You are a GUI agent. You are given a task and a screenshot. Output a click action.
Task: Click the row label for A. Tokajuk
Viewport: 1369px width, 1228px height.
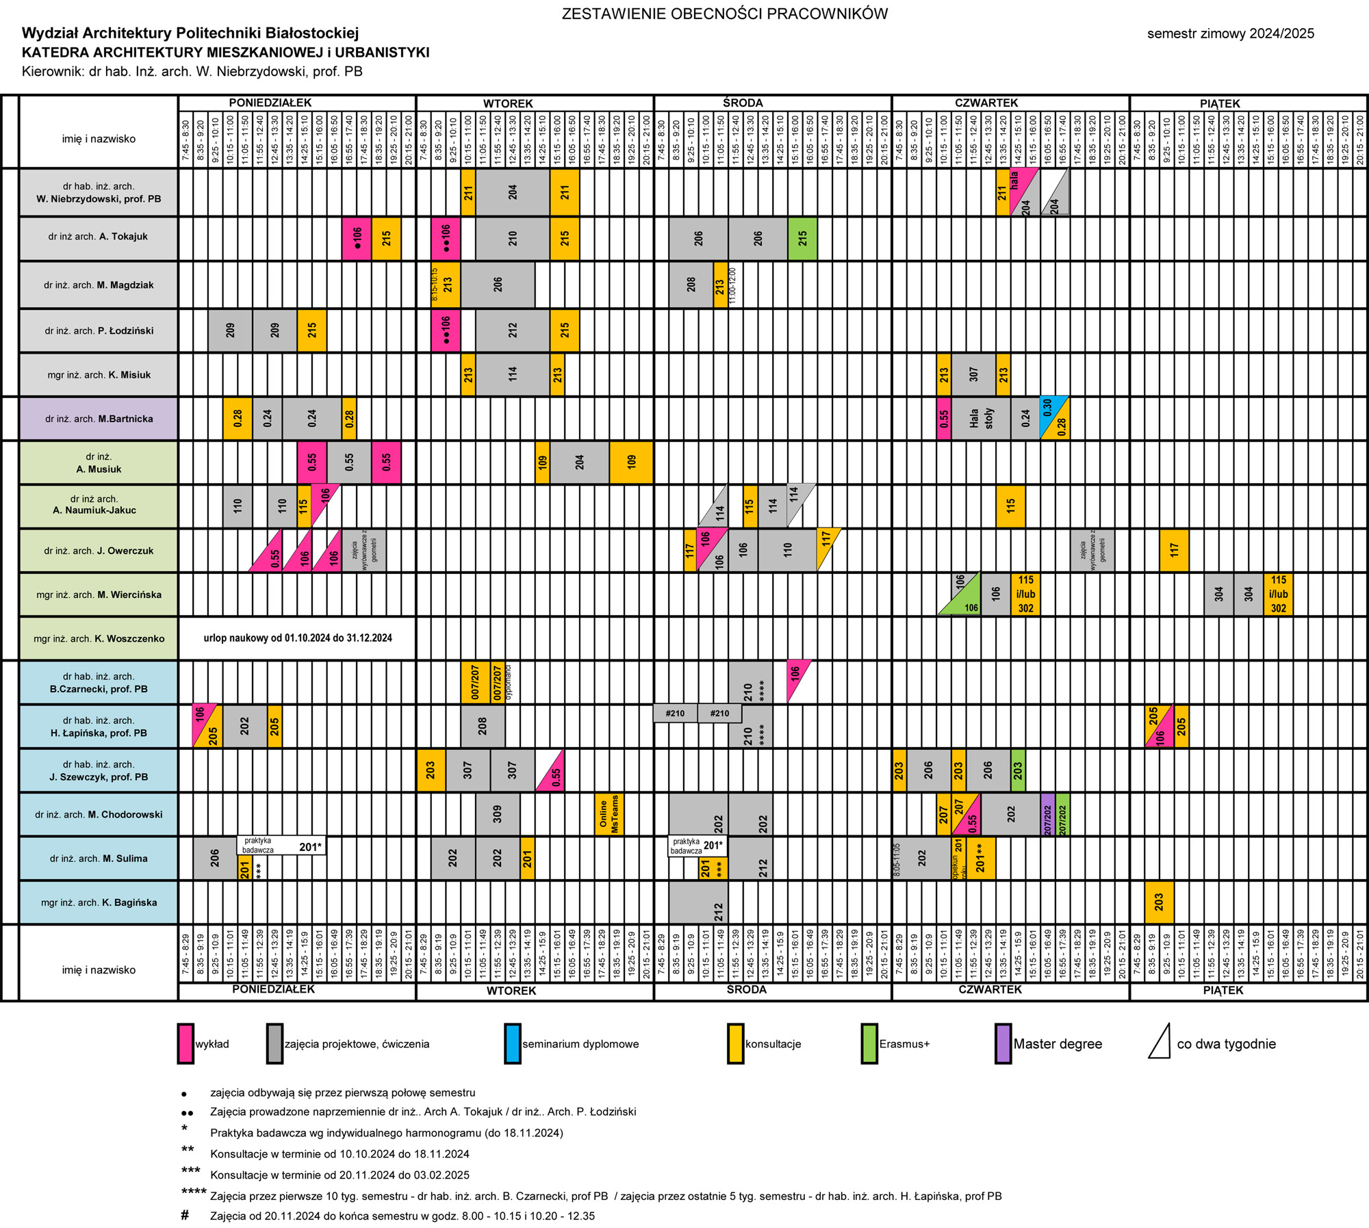click(98, 237)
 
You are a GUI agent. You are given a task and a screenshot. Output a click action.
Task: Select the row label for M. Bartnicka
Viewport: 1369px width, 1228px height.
click(99, 419)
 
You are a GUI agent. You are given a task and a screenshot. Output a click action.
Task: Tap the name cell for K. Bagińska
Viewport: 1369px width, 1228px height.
click(99, 902)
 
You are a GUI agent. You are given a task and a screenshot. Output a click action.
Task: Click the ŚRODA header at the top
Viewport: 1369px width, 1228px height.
click(743, 103)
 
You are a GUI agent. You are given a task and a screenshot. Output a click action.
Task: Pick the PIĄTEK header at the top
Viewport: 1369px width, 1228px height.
click(1220, 104)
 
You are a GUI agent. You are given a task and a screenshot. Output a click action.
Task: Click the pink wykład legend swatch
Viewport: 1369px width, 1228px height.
click(185, 1043)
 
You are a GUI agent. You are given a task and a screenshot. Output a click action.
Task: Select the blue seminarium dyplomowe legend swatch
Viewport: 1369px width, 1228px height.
click(512, 1043)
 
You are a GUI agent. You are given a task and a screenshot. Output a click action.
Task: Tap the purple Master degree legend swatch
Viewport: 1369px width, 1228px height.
click(1003, 1043)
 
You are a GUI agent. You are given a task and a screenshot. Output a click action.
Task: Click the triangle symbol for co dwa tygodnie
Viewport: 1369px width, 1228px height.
click(1160, 1042)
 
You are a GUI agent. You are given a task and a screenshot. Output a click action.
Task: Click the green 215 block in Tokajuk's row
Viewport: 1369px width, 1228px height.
click(802, 238)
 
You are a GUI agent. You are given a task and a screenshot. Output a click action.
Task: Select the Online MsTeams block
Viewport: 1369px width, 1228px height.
click(609, 813)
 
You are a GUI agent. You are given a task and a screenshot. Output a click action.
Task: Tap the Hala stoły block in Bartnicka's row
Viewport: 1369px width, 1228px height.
click(981, 419)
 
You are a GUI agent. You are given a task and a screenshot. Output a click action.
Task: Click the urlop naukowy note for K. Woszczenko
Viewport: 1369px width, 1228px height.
click(298, 638)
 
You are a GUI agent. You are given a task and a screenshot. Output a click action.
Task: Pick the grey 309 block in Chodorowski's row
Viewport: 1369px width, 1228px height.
click(498, 813)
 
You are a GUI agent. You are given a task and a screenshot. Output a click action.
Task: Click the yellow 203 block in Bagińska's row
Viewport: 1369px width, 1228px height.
click(1159, 902)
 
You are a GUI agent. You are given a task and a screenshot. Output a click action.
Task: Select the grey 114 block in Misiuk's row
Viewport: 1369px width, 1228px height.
click(513, 374)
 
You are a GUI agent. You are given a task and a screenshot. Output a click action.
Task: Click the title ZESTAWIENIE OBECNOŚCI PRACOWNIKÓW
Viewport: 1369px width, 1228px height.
click(724, 14)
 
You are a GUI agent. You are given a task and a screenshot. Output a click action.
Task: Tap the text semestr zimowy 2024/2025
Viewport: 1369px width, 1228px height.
click(1230, 34)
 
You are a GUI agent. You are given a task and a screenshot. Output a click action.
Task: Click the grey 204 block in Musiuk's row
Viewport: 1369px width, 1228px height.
click(579, 462)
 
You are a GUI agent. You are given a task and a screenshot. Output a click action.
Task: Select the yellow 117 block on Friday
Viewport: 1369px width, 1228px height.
click(1174, 550)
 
